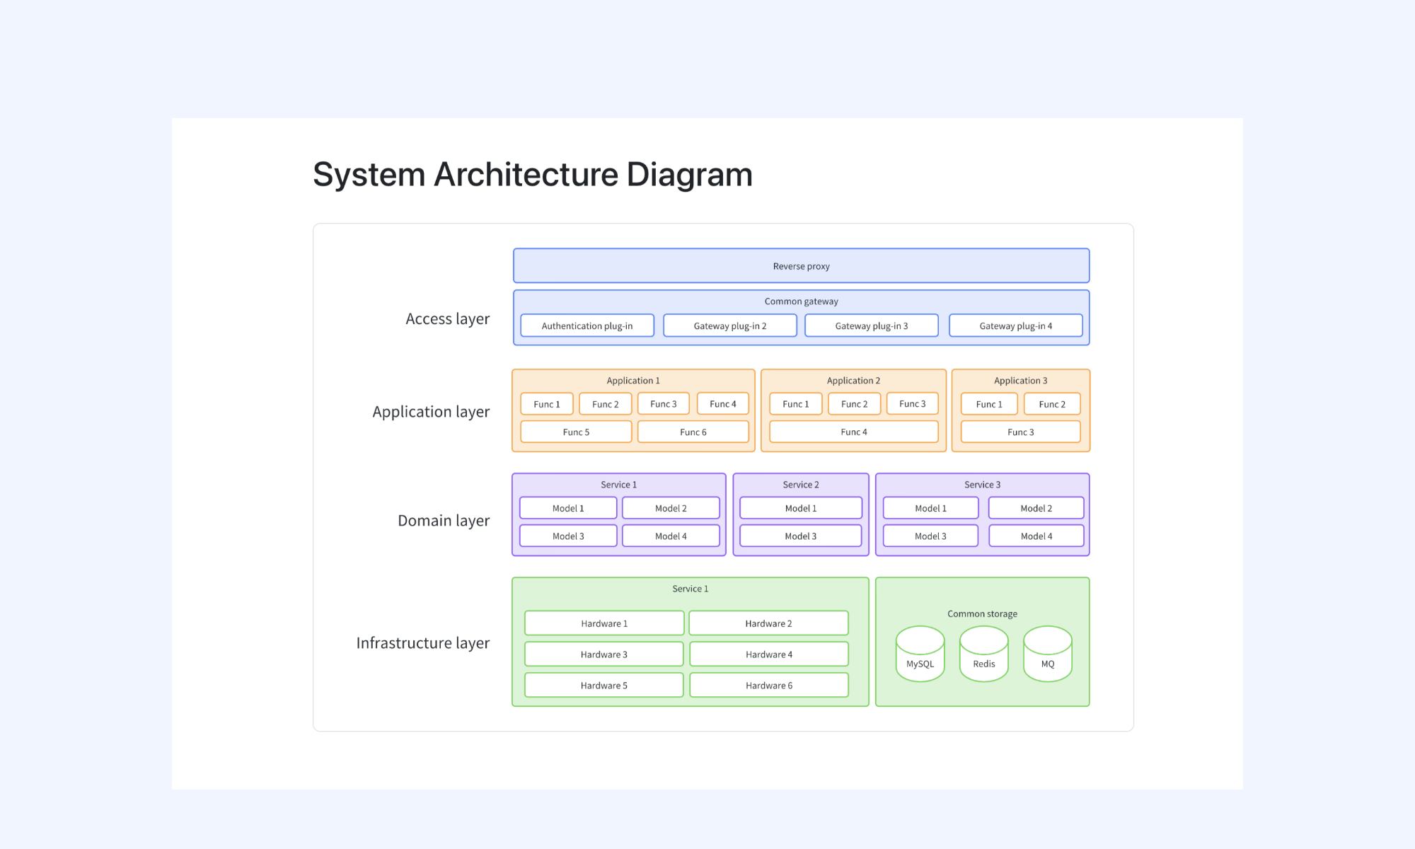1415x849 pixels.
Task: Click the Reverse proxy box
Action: click(801, 266)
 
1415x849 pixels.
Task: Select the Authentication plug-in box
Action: click(587, 325)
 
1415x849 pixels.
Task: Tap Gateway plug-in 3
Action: click(872, 325)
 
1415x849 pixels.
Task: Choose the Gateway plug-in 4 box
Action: click(1015, 325)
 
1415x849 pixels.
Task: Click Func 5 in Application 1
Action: click(576, 432)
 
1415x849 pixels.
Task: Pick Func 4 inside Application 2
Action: click(854, 432)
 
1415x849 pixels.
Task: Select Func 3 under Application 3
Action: click(1020, 432)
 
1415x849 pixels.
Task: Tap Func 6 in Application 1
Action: click(693, 432)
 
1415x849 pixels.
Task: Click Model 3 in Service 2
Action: click(801, 536)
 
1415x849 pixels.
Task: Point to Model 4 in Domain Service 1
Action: click(671, 536)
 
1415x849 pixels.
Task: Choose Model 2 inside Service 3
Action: click(1036, 508)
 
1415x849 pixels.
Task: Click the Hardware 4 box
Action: click(769, 654)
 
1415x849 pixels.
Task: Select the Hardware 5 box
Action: click(604, 685)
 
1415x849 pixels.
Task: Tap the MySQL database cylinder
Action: click(920, 654)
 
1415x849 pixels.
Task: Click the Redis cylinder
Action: click(983, 654)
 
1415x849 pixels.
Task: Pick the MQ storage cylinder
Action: click(1048, 654)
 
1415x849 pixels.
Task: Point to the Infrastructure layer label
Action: click(423, 643)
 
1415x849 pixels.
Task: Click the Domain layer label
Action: click(444, 521)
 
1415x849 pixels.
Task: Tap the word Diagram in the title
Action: click(690, 175)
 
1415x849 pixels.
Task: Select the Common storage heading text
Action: click(982, 613)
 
